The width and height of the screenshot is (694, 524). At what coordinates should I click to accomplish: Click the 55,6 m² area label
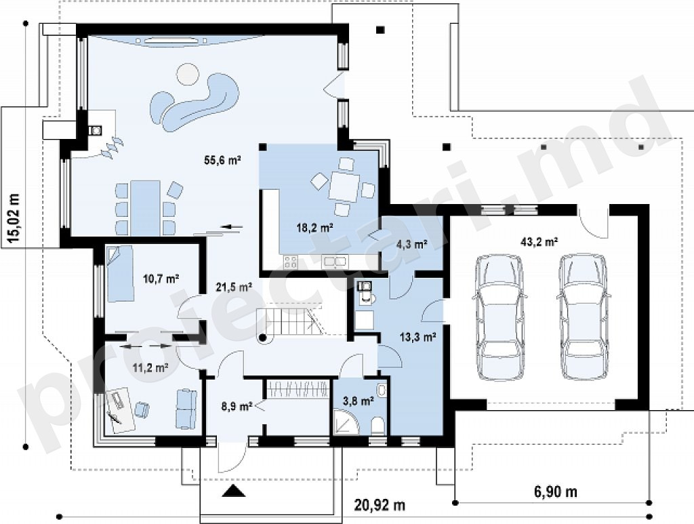click(x=222, y=160)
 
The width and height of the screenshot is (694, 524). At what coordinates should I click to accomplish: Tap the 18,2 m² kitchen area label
click(x=314, y=228)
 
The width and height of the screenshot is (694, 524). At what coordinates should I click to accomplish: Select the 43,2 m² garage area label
click(x=539, y=241)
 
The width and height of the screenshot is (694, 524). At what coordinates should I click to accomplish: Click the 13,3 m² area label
click(x=418, y=338)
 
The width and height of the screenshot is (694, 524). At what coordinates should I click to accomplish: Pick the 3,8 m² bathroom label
click(x=359, y=401)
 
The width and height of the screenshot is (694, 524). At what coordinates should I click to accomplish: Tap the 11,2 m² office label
click(x=150, y=367)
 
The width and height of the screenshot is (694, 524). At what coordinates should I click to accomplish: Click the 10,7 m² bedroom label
click(x=161, y=279)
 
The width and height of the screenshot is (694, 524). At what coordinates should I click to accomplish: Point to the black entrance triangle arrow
click(x=233, y=491)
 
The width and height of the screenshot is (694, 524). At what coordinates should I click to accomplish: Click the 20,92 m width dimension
click(x=380, y=505)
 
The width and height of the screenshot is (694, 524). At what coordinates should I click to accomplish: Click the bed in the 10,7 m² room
click(x=120, y=273)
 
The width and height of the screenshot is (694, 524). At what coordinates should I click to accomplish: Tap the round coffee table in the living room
click(x=187, y=75)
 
